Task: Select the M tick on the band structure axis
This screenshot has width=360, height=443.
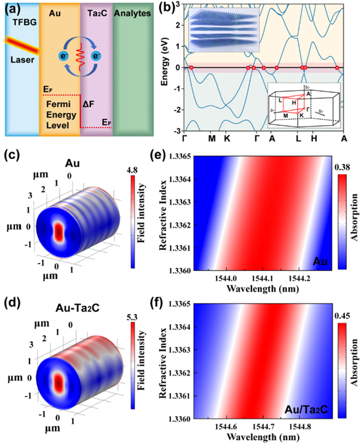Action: [211, 139]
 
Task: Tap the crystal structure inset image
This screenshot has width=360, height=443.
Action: [223, 33]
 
